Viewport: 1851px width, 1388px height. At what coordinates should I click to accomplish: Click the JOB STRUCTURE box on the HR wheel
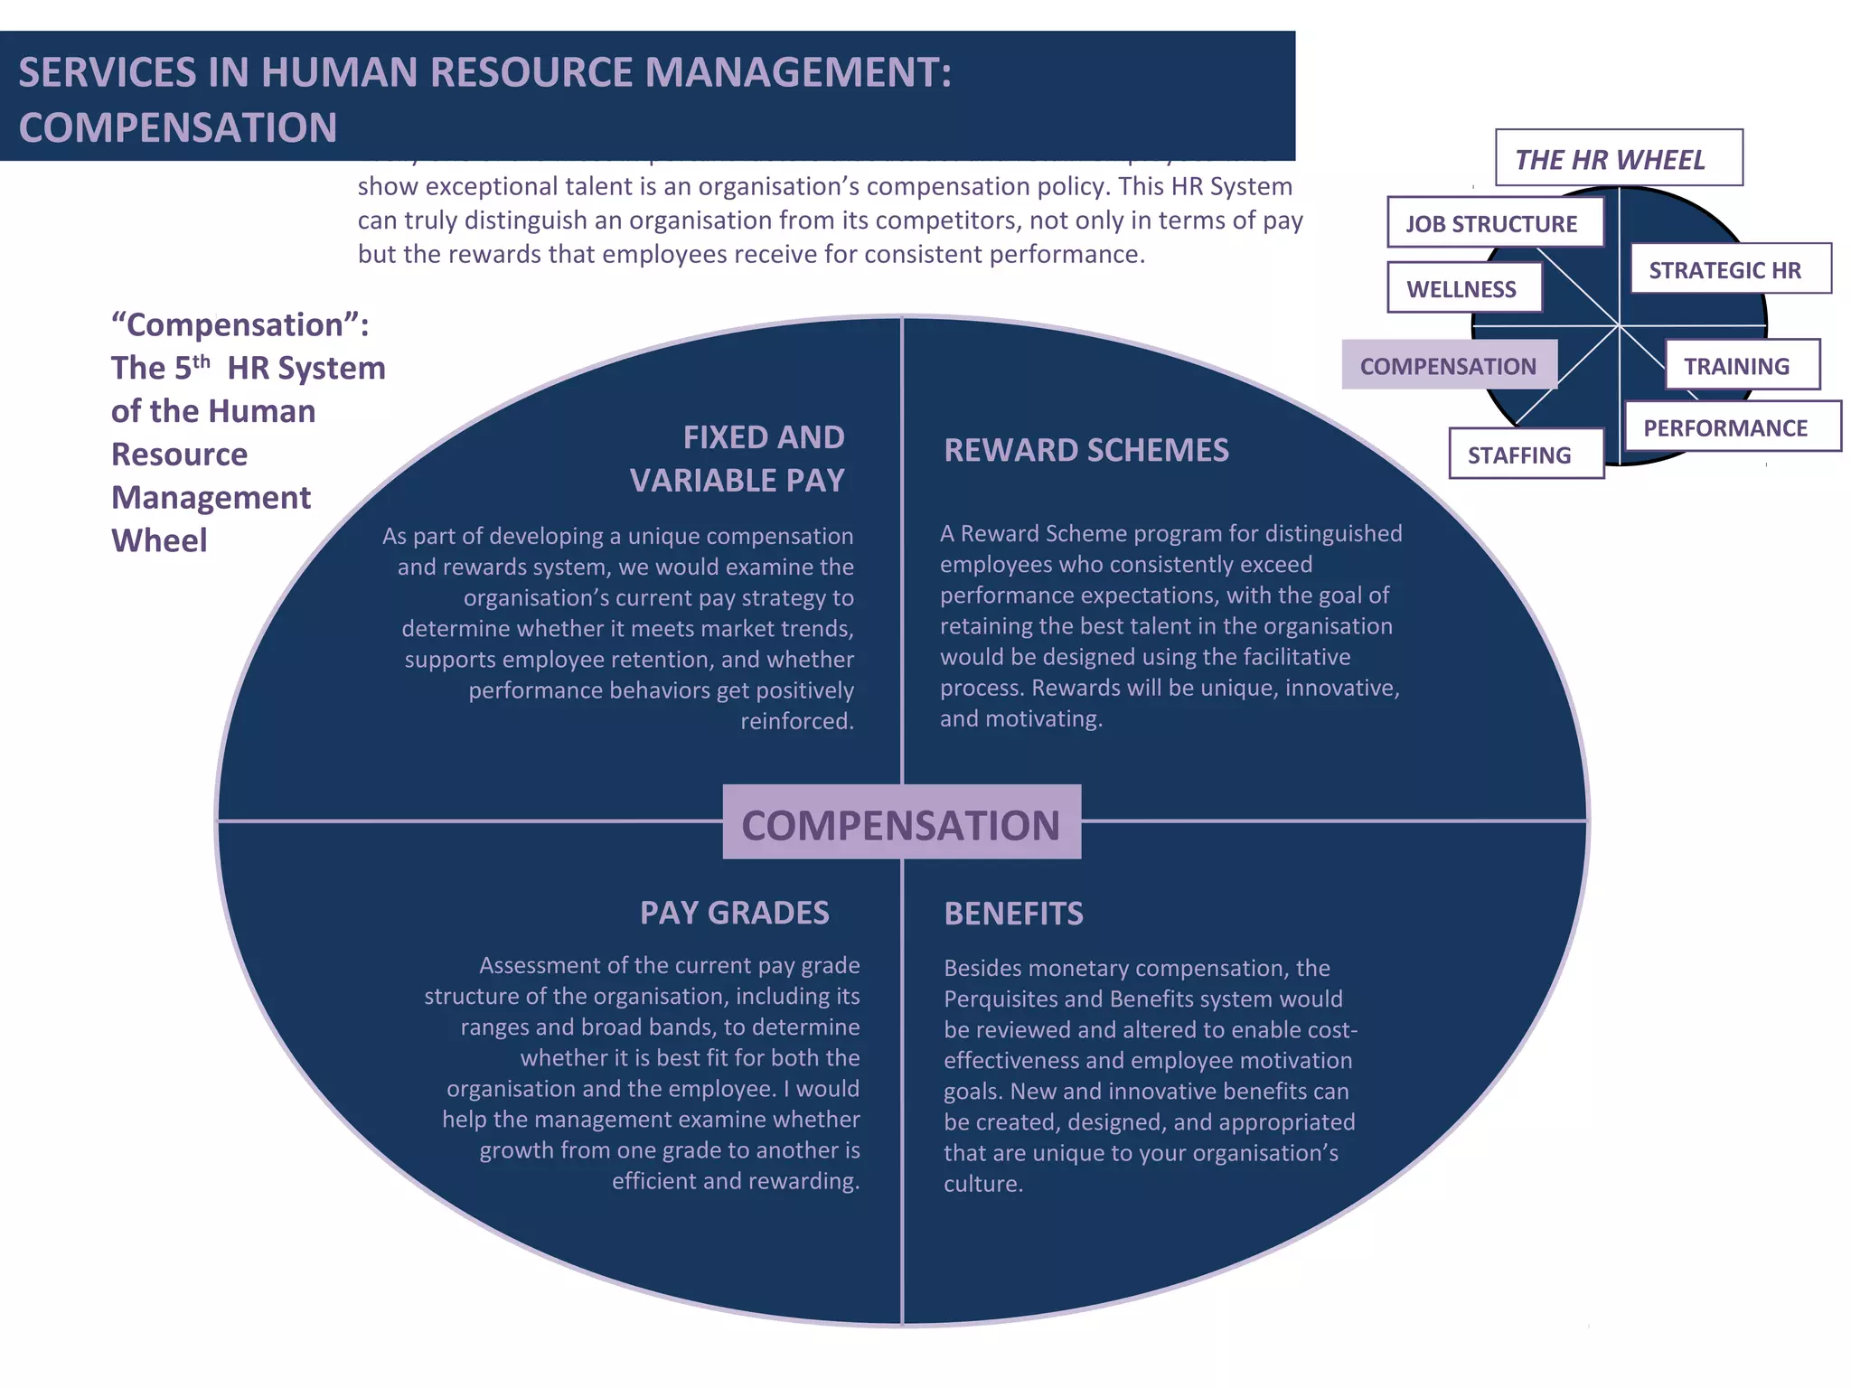[x=1495, y=222]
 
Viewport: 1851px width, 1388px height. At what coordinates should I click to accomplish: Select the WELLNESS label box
[x=1464, y=288]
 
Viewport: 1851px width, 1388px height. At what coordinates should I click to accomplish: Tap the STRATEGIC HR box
[x=1730, y=269]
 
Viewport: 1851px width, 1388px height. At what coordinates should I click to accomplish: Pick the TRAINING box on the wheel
[x=1741, y=365]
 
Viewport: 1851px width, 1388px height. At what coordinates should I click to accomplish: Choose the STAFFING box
[x=1526, y=454]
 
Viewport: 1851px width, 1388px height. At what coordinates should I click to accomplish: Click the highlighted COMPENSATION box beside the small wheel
[x=1449, y=365]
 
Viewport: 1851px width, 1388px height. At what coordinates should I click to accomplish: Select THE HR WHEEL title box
[x=1618, y=159]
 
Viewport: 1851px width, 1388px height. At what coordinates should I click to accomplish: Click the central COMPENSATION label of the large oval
[x=901, y=824]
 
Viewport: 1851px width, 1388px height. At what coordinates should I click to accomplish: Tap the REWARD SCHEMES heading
[x=1086, y=450]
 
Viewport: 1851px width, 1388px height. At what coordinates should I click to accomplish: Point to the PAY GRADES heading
[x=734, y=913]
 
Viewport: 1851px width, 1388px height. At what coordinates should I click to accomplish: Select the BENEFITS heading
[x=1013, y=914]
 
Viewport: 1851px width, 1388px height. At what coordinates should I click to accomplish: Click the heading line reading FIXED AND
[x=764, y=437]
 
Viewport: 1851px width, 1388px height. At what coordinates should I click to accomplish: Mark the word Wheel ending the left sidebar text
[x=159, y=540]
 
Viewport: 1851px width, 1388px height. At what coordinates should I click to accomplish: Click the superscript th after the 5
[x=202, y=361]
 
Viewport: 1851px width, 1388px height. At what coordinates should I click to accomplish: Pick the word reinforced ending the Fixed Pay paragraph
[x=796, y=721]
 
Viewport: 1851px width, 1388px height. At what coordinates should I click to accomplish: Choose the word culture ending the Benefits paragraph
[x=982, y=1184]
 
